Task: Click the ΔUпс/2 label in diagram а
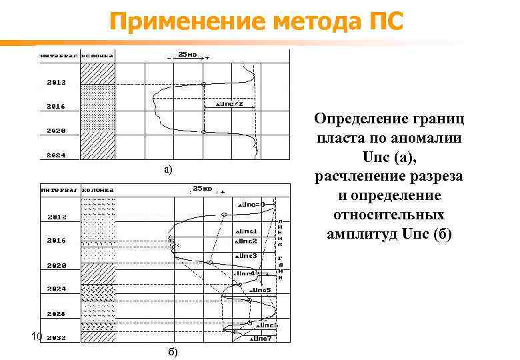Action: (235, 104)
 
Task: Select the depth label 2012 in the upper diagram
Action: (56, 83)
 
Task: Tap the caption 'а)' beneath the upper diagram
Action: (169, 170)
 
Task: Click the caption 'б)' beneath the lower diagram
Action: (171, 351)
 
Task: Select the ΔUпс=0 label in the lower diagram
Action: (251, 204)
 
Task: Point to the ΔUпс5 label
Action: (259, 291)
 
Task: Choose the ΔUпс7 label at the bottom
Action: (260, 339)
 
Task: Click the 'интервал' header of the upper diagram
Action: (59, 55)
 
